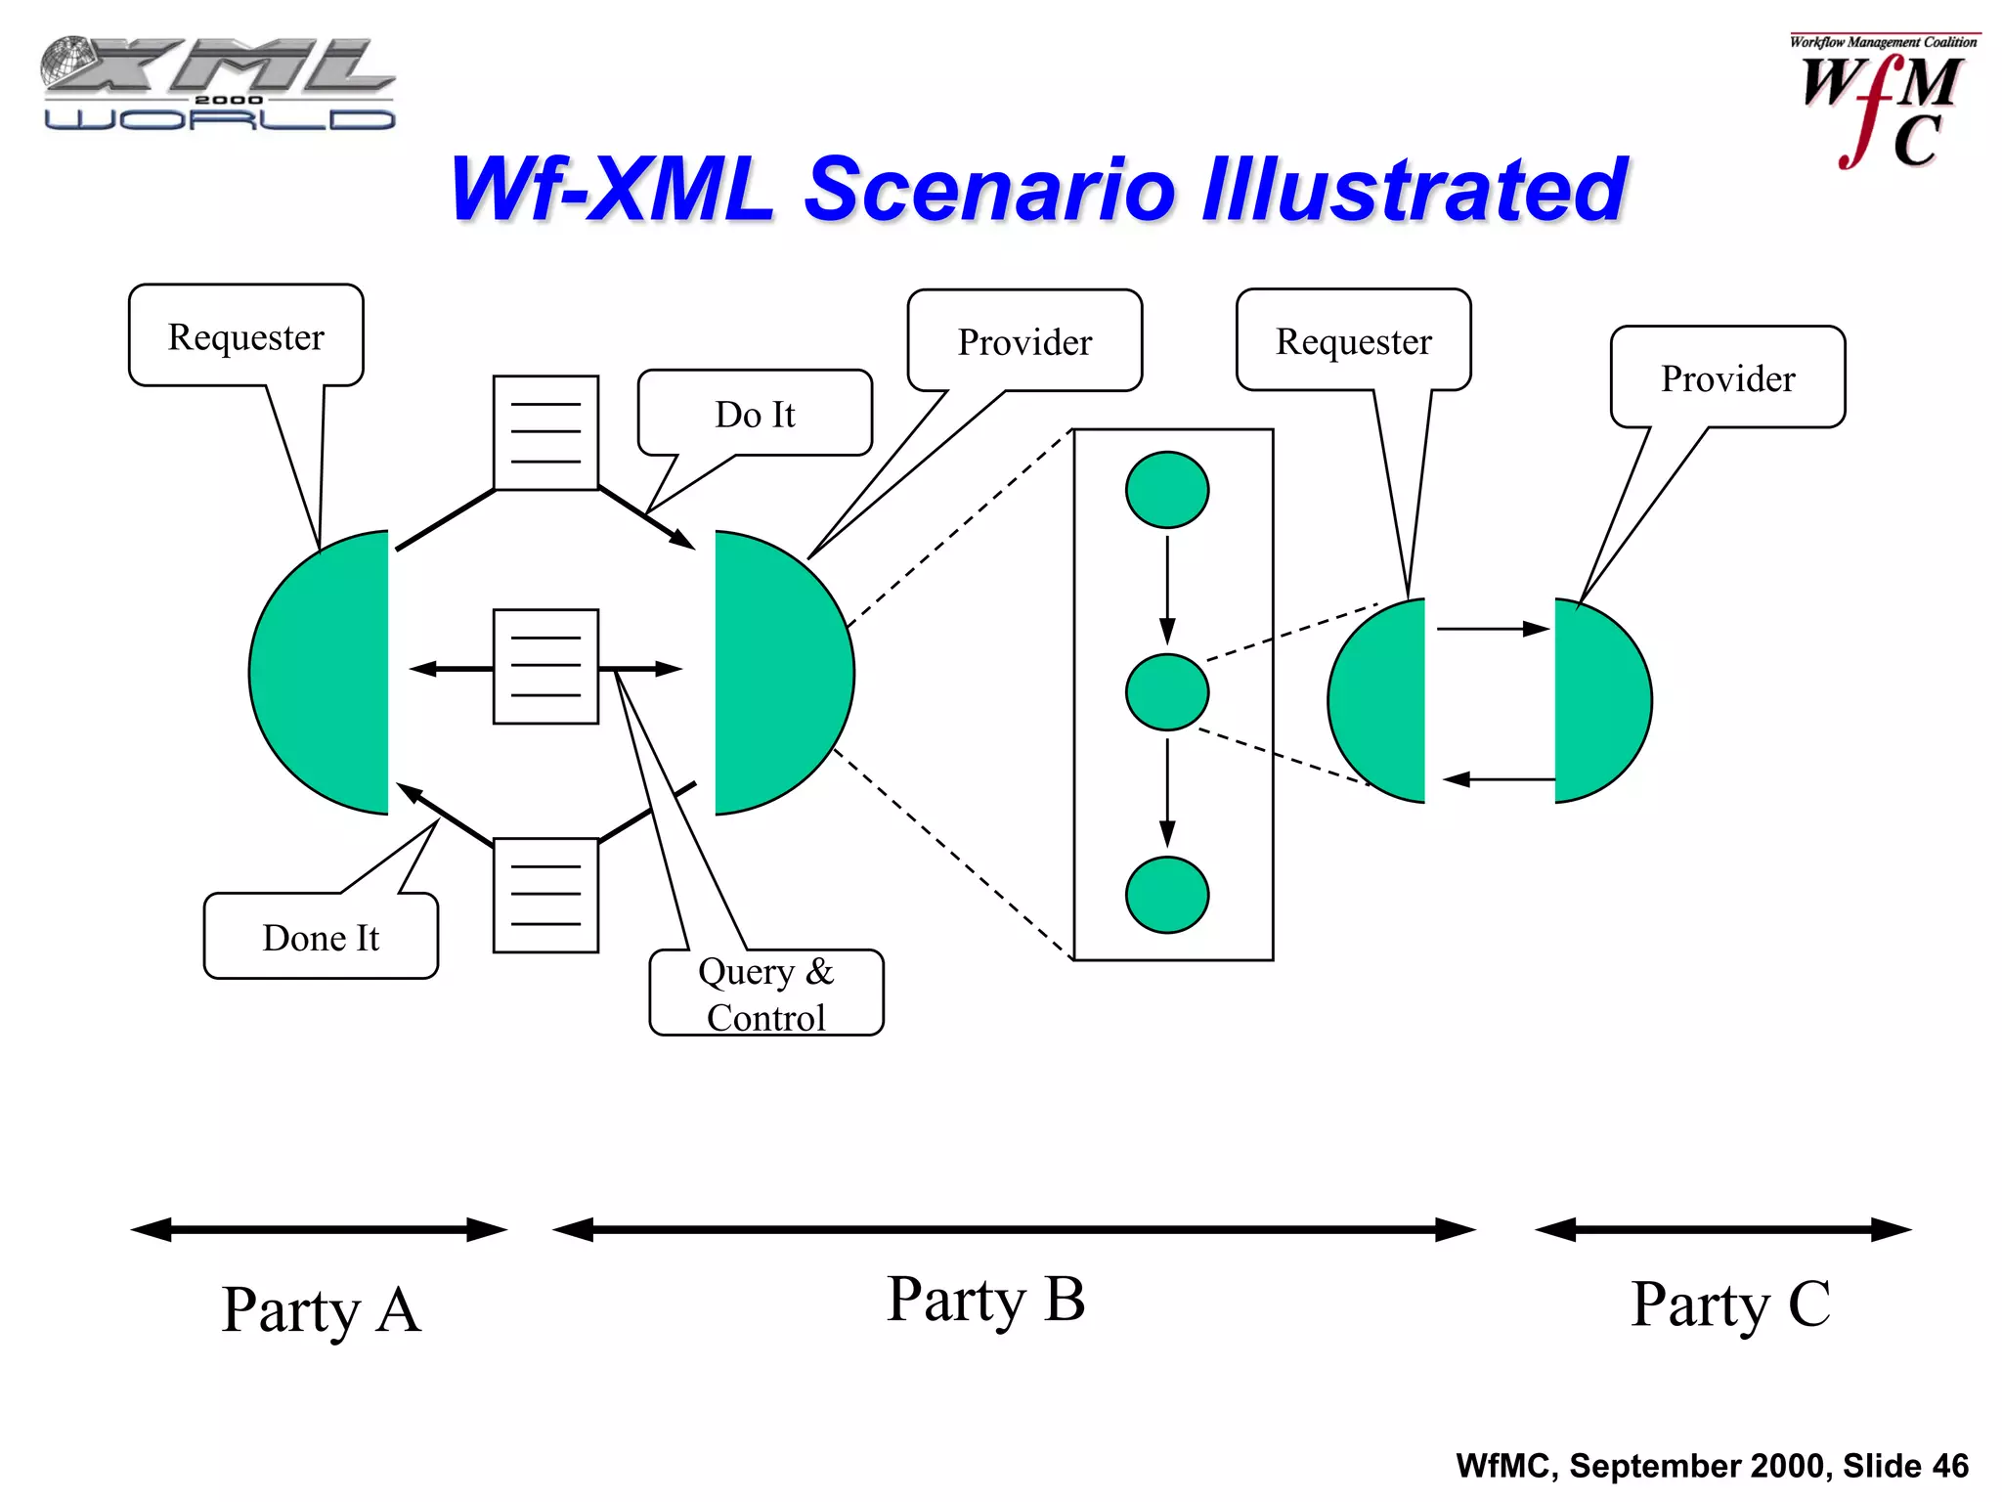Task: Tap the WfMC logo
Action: click(1883, 102)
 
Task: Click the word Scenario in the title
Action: click(989, 190)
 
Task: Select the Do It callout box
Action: click(755, 414)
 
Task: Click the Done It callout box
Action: click(321, 937)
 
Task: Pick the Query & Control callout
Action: click(766, 994)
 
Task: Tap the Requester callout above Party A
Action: click(246, 336)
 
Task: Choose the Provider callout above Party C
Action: click(1727, 378)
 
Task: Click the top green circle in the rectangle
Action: click(1167, 490)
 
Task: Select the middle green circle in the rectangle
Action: click(1167, 692)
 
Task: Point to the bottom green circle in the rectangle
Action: click(1167, 895)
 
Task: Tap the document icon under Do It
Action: click(545, 432)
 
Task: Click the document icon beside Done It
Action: click(545, 895)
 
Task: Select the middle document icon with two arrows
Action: click(545, 667)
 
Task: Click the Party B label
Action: click(985, 1301)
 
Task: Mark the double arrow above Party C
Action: click(1722, 1229)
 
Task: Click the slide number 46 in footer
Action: click(1949, 1466)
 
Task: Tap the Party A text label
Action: click(321, 1310)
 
